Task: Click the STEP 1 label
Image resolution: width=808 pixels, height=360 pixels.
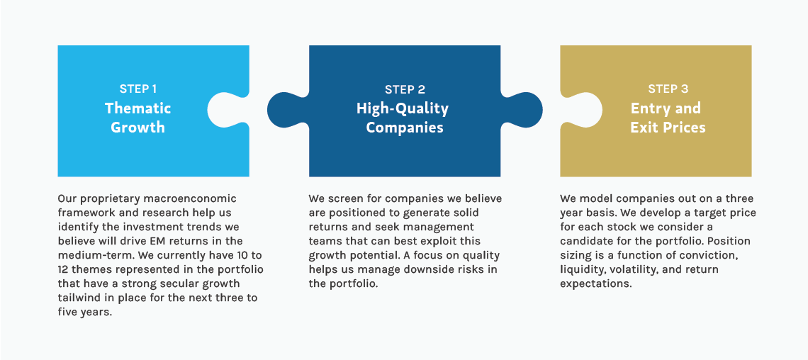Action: click(138, 89)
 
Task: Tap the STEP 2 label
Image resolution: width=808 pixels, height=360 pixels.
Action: click(405, 89)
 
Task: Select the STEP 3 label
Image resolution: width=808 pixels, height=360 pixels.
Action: click(668, 89)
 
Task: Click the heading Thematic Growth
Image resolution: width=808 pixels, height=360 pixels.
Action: click(138, 118)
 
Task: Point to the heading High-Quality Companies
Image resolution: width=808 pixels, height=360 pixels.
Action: click(403, 118)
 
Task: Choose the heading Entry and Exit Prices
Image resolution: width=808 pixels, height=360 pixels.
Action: click(667, 118)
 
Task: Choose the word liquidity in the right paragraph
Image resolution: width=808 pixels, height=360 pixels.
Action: click(583, 269)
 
